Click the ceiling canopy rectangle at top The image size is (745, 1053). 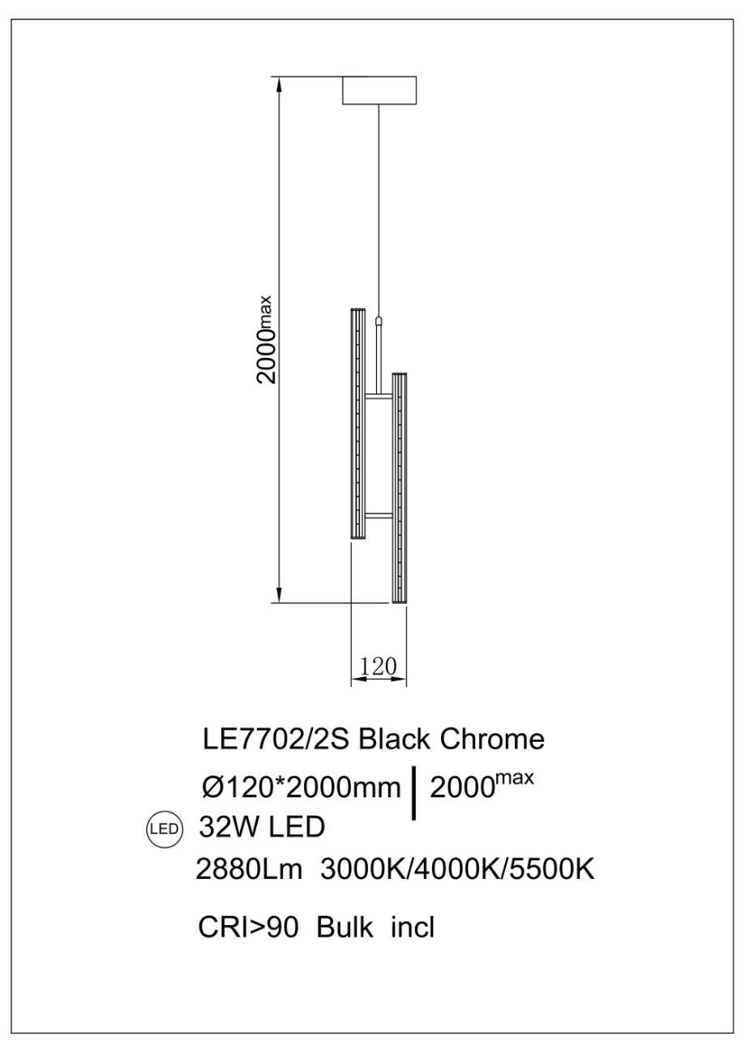pyautogui.click(x=379, y=90)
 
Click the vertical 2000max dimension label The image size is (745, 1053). pyautogui.click(x=268, y=339)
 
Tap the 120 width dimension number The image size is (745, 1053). pyautogui.click(x=377, y=666)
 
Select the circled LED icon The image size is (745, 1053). pyautogui.click(x=165, y=829)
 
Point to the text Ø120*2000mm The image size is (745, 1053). pyautogui.click(x=302, y=787)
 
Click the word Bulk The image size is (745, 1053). pyautogui.click(x=345, y=927)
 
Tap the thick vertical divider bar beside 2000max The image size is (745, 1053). pyautogui.click(x=415, y=792)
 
